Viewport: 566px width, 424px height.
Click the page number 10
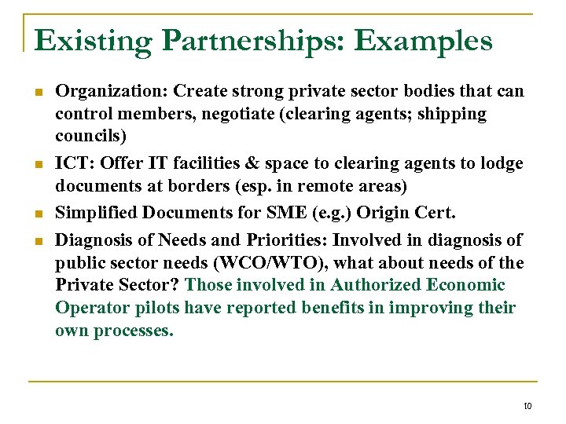coord(527,405)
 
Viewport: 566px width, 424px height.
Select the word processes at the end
coord(133,331)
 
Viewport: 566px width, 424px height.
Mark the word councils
coord(86,137)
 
